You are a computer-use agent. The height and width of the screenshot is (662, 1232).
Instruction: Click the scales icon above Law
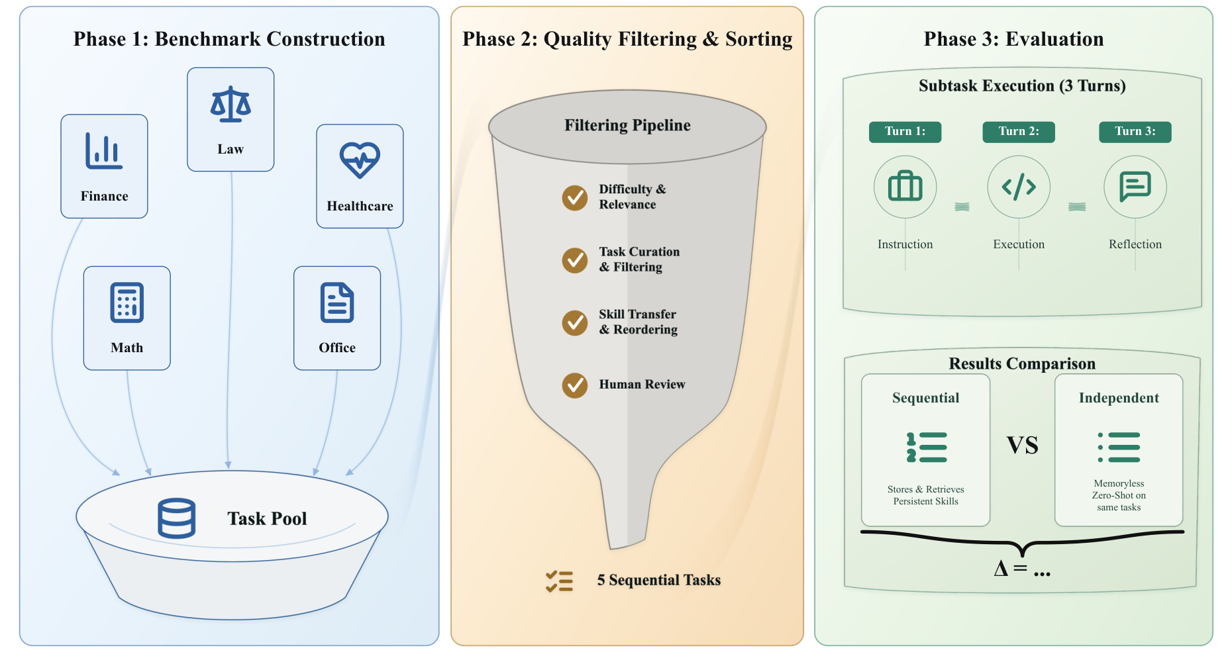tap(231, 104)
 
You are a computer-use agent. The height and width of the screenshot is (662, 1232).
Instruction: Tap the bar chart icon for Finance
tap(104, 150)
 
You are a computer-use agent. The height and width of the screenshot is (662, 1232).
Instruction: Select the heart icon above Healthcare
tap(360, 160)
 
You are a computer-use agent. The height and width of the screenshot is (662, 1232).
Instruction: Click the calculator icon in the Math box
tap(127, 303)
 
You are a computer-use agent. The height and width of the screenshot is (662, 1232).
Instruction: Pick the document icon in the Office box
tap(337, 303)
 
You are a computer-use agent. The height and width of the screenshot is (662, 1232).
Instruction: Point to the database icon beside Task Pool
tap(177, 518)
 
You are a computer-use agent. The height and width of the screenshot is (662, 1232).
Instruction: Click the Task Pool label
tap(267, 518)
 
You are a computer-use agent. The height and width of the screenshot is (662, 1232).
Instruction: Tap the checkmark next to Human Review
tap(575, 385)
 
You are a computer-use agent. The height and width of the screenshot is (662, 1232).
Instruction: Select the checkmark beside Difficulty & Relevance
tap(575, 197)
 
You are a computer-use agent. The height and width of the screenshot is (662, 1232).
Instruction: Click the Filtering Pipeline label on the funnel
tap(627, 125)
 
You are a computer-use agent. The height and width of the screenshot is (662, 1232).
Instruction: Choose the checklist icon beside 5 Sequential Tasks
tap(560, 581)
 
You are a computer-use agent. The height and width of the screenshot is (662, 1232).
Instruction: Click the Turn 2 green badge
tap(1019, 132)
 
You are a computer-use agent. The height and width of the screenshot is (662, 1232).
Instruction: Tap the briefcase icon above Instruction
tap(905, 186)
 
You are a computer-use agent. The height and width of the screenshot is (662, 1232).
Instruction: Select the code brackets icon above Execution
tap(1019, 187)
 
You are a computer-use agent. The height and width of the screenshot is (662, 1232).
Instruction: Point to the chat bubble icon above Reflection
tap(1135, 187)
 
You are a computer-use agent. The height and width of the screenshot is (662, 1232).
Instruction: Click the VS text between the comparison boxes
tap(1022, 446)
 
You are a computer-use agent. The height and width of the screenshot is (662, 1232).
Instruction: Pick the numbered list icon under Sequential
tap(927, 447)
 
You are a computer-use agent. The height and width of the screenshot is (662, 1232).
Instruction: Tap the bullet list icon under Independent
tap(1119, 447)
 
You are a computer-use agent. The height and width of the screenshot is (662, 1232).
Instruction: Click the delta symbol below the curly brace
tap(1001, 568)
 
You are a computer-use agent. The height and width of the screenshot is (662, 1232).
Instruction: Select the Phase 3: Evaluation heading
tap(1013, 39)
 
